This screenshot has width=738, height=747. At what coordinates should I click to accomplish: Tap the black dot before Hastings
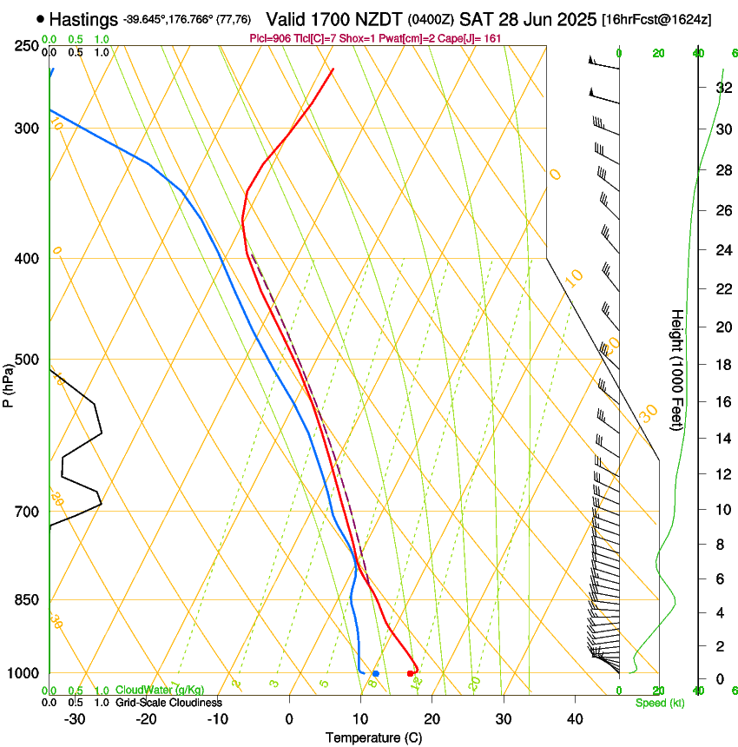41,18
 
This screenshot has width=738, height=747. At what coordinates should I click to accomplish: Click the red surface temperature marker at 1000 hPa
411,673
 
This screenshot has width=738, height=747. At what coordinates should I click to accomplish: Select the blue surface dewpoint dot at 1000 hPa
375,673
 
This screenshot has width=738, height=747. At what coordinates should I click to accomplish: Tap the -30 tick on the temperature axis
75,719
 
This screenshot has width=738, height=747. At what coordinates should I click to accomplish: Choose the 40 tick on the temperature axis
574,719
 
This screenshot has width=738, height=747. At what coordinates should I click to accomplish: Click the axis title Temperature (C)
373,738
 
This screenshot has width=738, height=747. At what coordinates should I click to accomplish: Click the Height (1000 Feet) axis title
677,369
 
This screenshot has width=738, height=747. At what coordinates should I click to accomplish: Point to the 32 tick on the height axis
722,88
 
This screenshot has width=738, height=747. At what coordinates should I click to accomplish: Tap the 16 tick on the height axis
722,402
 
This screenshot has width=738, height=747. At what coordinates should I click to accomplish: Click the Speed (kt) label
655,703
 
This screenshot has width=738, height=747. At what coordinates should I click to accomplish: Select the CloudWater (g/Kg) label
160,691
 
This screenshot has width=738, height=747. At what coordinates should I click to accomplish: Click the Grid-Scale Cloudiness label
168,703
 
